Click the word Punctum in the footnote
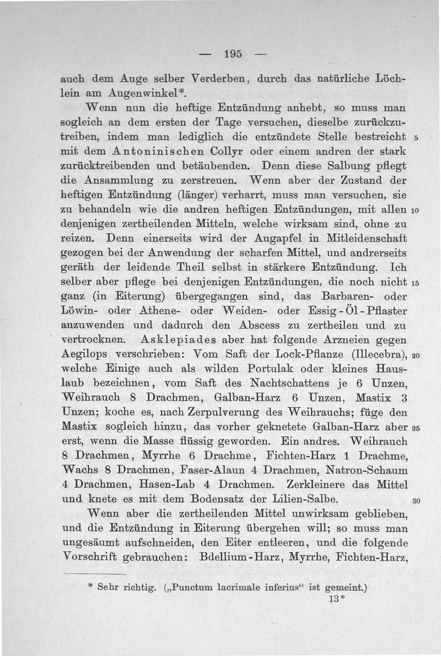click(x=202, y=588)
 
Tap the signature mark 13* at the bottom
click(x=336, y=599)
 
